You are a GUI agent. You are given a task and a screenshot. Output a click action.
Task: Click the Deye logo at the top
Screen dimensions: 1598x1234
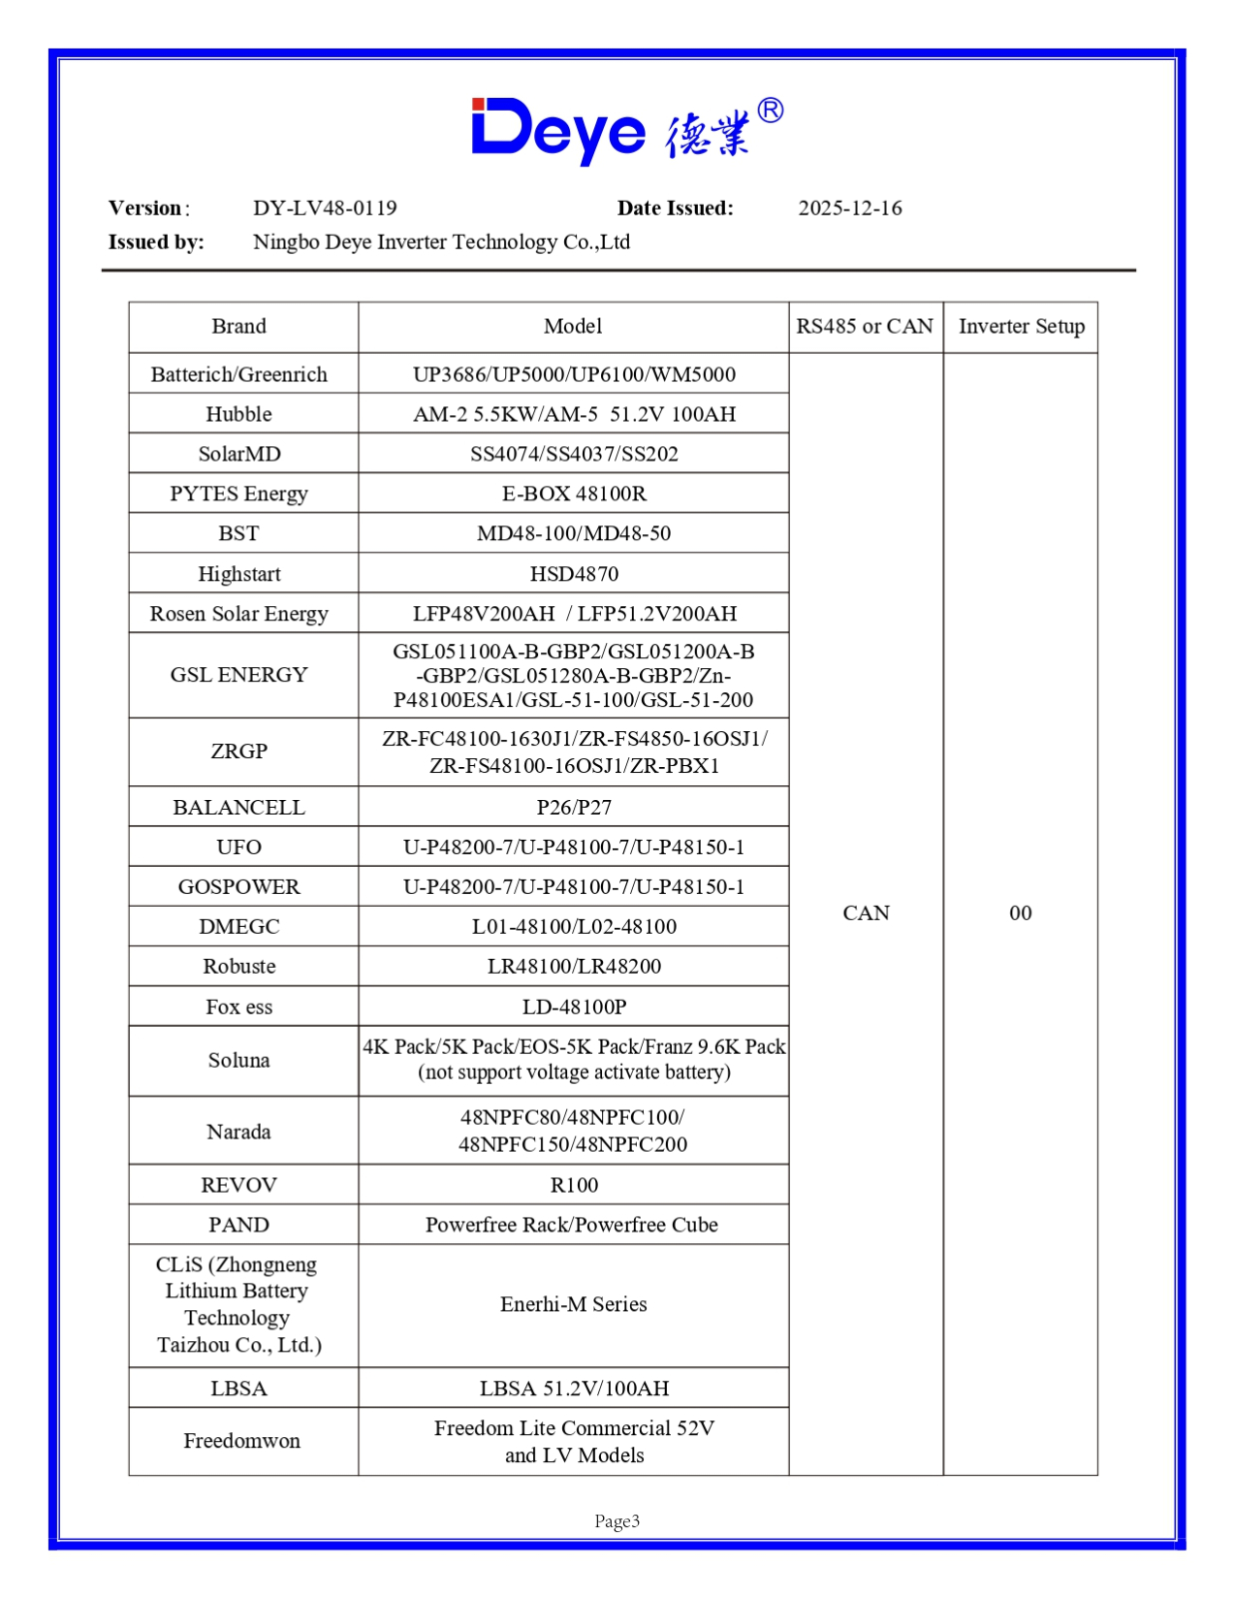coord(626,130)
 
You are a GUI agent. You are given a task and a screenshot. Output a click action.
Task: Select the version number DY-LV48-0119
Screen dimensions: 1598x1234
coord(324,208)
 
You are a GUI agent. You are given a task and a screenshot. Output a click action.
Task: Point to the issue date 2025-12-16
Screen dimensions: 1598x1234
coord(850,208)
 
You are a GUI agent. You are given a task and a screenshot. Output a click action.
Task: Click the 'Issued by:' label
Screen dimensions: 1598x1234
coord(156,242)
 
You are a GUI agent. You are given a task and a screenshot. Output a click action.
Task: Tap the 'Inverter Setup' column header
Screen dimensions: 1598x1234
coord(1020,327)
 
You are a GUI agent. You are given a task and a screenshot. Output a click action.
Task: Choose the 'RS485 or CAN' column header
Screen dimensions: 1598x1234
coord(865,327)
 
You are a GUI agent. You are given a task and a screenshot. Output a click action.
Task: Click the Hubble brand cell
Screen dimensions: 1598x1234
coord(239,413)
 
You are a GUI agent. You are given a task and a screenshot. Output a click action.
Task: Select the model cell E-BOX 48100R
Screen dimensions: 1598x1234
coord(574,493)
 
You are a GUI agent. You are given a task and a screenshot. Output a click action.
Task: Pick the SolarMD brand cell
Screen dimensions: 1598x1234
coord(239,453)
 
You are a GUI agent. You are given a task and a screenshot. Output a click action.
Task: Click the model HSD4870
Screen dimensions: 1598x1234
coord(574,573)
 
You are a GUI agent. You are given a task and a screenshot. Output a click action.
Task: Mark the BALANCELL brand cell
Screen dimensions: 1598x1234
coord(239,807)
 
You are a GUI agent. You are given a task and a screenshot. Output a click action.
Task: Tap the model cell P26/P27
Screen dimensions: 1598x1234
coord(574,807)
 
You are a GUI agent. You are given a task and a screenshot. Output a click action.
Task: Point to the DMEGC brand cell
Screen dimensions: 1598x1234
coord(239,927)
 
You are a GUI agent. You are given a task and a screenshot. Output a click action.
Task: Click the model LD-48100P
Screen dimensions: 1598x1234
coord(574,1007)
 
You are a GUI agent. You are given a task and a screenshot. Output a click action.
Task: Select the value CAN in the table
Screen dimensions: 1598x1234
coord(866,913)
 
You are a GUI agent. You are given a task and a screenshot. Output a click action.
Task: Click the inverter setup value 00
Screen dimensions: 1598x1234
coord(1020,913)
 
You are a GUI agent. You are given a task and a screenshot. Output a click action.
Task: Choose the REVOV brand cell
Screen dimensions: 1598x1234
coord(239,1185)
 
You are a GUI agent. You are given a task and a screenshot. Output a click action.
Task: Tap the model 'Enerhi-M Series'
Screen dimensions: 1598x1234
coord(574,1304)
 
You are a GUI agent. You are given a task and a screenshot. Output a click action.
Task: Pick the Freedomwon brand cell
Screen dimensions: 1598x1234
coord(242,1440)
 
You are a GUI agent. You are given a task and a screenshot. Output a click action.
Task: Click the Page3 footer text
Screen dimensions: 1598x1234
coord(617,1521)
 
